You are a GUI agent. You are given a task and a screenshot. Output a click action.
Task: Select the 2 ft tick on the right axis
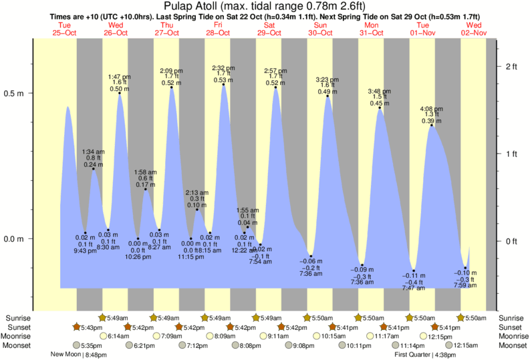click(512, 67)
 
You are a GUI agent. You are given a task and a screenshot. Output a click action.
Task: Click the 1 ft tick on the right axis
click(512, 154)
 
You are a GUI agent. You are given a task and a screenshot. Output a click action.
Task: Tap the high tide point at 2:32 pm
click(224, 85)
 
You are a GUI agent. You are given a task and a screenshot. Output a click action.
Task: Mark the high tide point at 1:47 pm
click(120, 93)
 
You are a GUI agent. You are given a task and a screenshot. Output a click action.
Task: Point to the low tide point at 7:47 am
click(414, 271)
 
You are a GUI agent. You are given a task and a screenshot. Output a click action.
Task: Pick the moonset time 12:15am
click(466, 346)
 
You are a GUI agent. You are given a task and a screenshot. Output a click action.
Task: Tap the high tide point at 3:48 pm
click(380, 108)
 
